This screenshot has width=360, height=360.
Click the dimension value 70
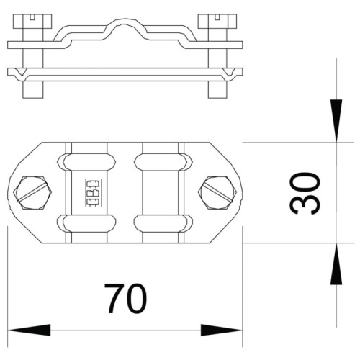(125, 298)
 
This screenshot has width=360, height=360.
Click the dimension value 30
(305, 193)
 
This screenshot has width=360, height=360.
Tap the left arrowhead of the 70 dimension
(30, 330)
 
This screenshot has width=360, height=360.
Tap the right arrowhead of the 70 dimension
(221, 330)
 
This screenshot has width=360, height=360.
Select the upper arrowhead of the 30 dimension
(336, 121)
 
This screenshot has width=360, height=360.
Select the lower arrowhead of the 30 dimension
(336, 264)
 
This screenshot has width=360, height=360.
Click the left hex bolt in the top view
(33, 192)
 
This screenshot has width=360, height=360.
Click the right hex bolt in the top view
(217, 192)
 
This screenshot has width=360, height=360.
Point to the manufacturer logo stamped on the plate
(93, 192)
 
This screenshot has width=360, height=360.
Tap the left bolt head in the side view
(32, 22)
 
